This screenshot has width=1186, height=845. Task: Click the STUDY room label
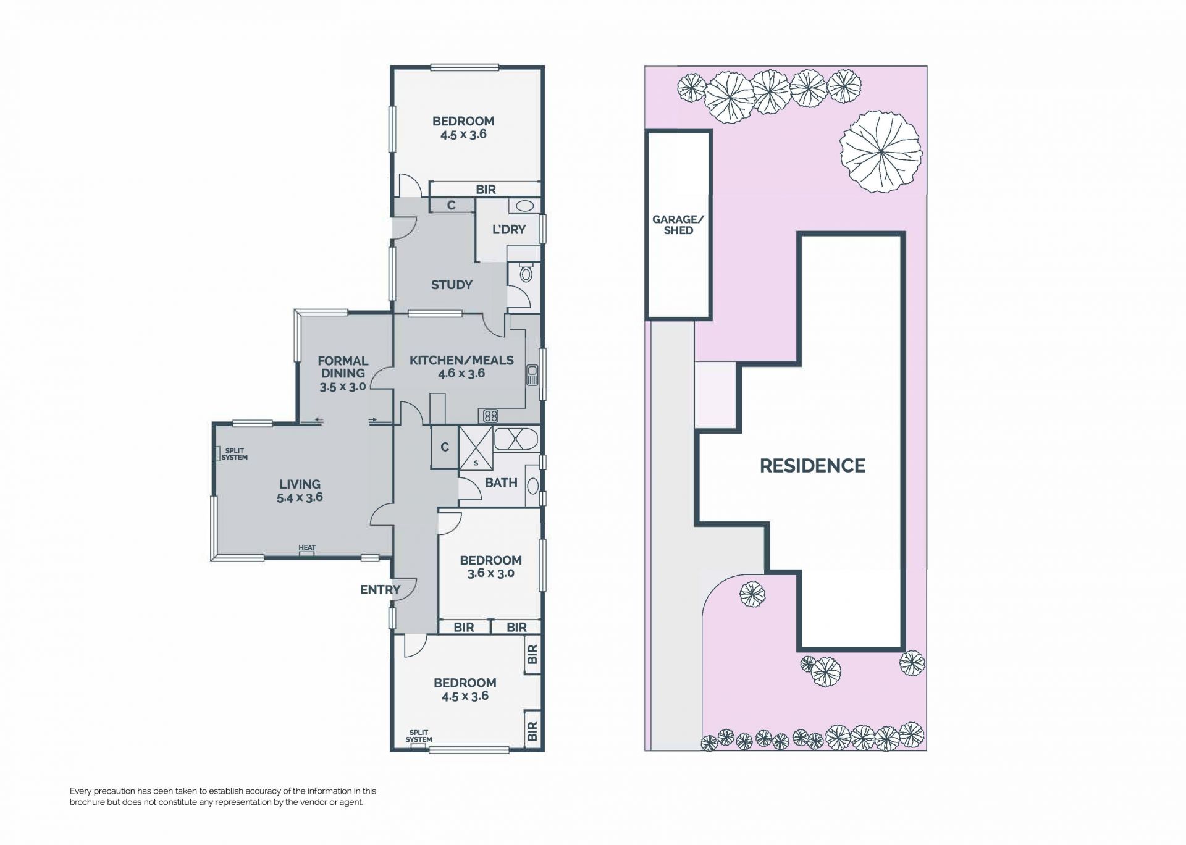pos(452,285)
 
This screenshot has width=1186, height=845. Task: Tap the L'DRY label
pos(509,229)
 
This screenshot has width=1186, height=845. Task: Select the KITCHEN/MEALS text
pos(461,360)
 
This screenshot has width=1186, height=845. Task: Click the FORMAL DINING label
pos(343,367)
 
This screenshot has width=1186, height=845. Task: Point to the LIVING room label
pos(300,484)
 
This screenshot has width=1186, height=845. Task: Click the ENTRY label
pos(381,590)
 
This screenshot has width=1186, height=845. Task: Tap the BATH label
pos(501,482)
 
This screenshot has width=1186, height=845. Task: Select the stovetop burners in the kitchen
pos(490,415)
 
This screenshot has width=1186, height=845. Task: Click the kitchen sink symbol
pos(532,375)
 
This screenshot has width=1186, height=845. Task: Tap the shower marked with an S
pos(476,448)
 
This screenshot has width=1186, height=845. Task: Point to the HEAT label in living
pos(307,548)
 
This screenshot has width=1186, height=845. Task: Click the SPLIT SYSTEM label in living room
pos(234,454)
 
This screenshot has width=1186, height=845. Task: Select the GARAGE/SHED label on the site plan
pos(678,225)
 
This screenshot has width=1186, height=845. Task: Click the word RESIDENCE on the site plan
pos(812,466)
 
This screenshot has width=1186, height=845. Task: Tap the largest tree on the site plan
pos(881,152)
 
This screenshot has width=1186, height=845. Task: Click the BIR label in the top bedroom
pos(486,190)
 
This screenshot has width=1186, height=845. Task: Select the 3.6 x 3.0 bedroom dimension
pos(491,573)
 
